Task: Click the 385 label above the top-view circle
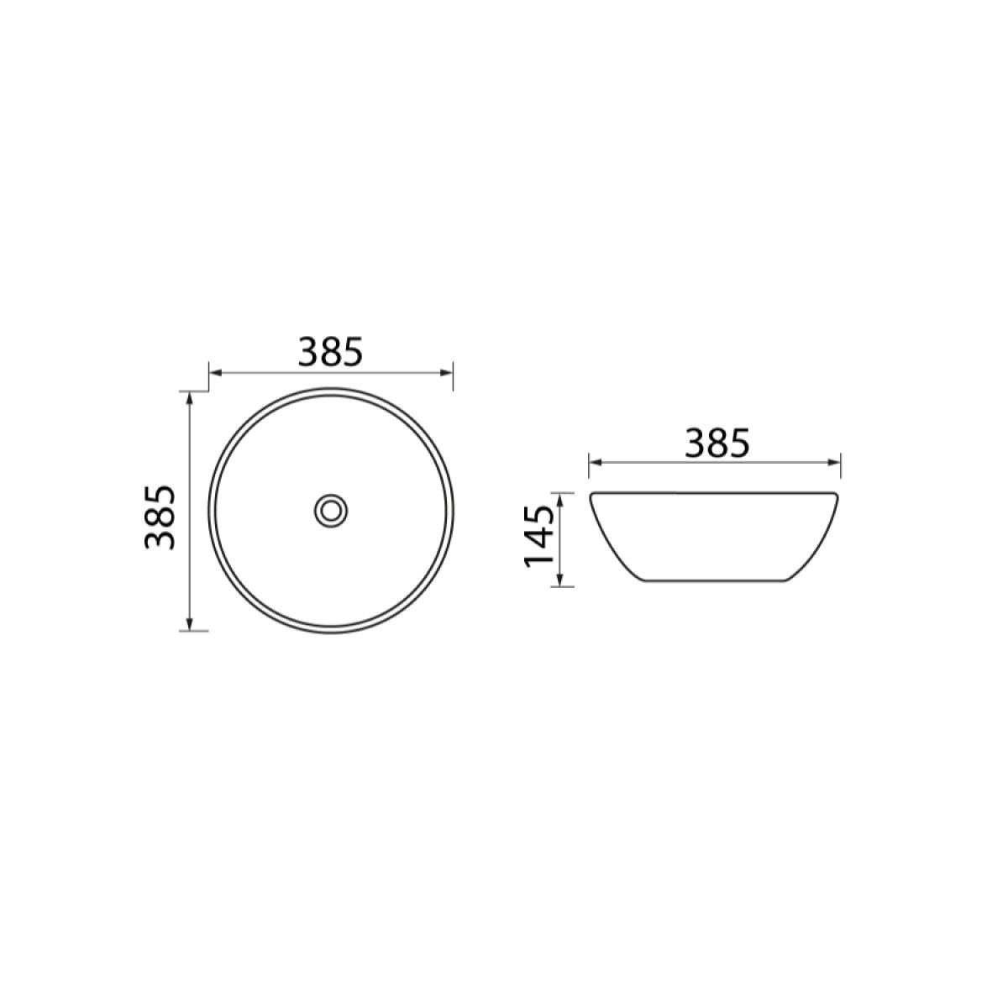(x=330, y=351)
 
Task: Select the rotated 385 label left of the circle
(x=160, y=517)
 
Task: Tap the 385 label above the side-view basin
(x=717, y=443)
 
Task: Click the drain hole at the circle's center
(x=331, y=511)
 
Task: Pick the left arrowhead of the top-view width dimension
(x=216, y=372)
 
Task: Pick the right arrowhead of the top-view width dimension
(x=446, y=372)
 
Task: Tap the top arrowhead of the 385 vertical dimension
(x=190, y=398)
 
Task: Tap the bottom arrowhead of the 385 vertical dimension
(x=190, y=623)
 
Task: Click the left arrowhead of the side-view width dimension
(x=596, y=462)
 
